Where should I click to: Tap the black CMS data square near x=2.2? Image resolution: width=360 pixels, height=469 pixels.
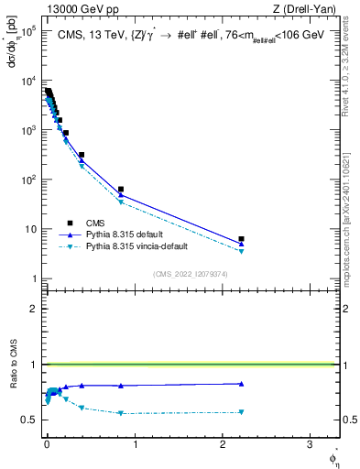(x=241, y=239)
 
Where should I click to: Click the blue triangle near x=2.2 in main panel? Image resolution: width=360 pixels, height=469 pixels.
(x=241, y=244)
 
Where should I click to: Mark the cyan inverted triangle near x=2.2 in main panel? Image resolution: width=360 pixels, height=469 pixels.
(x=241, y=251)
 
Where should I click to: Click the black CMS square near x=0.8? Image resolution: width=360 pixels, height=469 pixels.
(x=121, y=190)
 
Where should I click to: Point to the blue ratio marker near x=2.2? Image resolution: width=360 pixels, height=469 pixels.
(x=241, y=384)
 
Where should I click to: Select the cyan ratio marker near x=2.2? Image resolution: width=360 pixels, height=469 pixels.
(x=241, y=412)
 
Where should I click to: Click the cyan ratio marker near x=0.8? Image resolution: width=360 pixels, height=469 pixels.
(x=121, y=413)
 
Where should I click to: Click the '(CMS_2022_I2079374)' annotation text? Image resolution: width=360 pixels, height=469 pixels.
(x=191, y=274)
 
